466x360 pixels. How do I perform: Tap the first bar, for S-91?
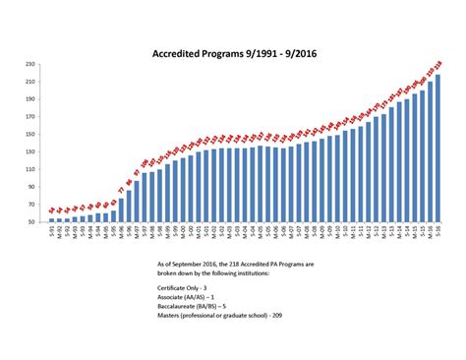coord(52,220)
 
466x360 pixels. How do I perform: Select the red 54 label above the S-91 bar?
coord(52,210)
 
